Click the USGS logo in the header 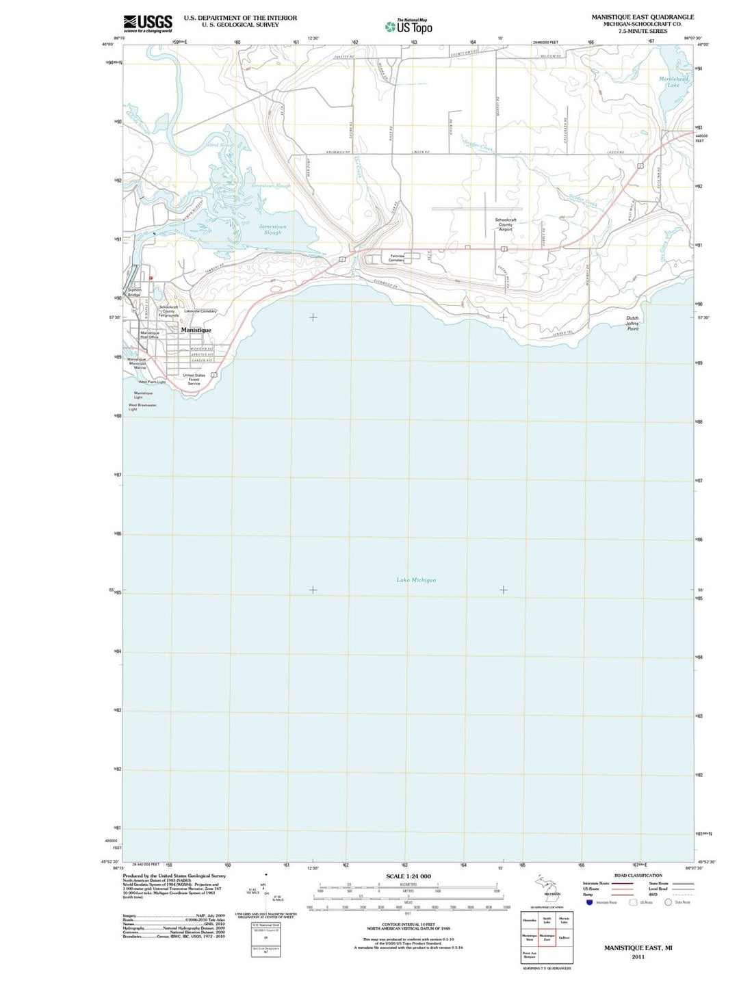coord(147,24)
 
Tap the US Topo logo coord(409,27)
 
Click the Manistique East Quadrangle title coord(643,17)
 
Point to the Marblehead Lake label coord(673,82)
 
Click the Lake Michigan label coord(416,580)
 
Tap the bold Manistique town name coord(196,330)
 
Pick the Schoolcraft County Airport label coord(506,224)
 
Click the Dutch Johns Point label coord(632,324)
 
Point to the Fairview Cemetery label coord(396,258)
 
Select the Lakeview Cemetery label coord(200,311)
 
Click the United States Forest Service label coord(194,379)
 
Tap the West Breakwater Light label coord(142,407)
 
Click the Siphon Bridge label coord(134,292)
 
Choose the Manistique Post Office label coord(149,335)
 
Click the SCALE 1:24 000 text coord(409,876)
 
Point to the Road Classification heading coord(638,876)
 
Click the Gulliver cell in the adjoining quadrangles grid coord(564,938)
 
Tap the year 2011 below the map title coord(638,957)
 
